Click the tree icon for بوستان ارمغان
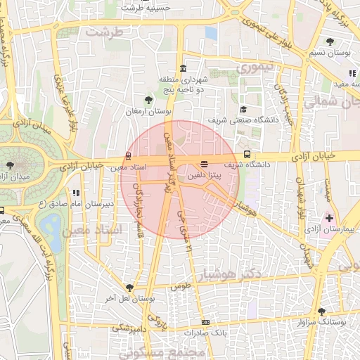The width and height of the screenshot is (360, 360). click(x=147, y=101)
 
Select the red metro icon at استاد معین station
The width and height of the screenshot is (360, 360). click(x=128, y=155)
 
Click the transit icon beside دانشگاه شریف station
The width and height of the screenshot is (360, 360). click(x=247, y=154)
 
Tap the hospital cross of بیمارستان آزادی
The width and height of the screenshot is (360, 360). click(x=329, y=219)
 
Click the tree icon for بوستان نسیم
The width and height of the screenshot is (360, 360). click(x=330, y=41)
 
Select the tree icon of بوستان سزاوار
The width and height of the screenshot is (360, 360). click(x=321, y=311)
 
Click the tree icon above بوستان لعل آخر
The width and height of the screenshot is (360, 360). click(x=129, y=287)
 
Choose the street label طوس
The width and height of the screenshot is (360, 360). click(x=181, y=287)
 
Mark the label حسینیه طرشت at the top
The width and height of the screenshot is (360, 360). click(x=146, y=8)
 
